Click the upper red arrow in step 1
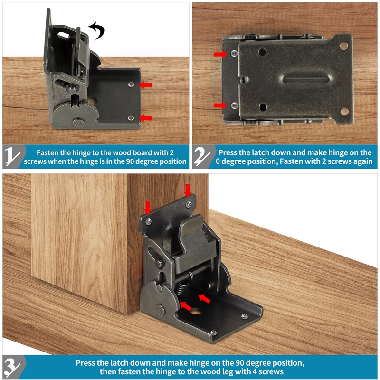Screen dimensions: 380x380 [145, 85]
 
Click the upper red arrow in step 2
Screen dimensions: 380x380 [220, 54]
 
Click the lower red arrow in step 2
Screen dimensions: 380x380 [220, 105]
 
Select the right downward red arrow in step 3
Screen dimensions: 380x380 [188, 190]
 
